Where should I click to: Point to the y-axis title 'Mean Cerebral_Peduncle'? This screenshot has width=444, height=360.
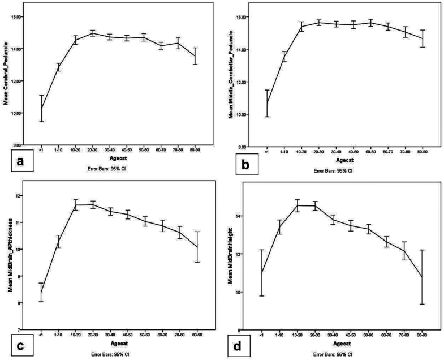coord(5,74)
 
